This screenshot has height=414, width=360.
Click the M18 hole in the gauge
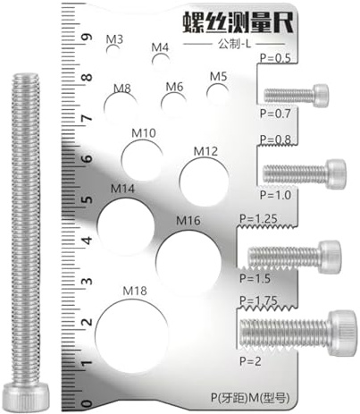click(134, 333)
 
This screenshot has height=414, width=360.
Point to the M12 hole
click(203, 177)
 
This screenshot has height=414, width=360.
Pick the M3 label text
click(114, 39)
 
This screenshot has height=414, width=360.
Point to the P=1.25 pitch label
click(258, 217)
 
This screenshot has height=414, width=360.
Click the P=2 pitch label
click(253, 360)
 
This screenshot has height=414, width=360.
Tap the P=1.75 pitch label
click(258, 302)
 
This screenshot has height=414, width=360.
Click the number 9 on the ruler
click(87, 38)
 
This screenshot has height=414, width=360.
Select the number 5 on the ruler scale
click(87, 200)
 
